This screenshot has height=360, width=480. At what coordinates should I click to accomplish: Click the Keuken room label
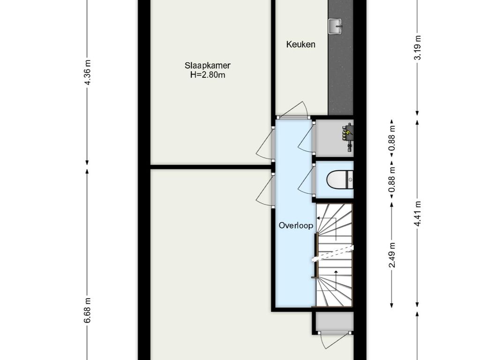pos(300,45)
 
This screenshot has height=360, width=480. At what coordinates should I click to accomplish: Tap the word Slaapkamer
pos(208,66)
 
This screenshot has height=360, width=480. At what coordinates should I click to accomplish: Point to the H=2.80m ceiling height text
pos(208,75)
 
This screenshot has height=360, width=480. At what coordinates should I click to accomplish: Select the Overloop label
pos(292,225)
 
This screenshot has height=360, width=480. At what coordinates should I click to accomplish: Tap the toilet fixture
pos(340,180)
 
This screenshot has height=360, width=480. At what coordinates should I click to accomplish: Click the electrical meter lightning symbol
pos(348,133)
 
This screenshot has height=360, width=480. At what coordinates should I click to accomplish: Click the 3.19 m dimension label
pos(418,48)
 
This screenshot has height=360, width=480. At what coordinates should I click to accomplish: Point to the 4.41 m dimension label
pos(418,214)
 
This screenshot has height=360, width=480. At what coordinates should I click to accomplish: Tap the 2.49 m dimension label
pos(392,255)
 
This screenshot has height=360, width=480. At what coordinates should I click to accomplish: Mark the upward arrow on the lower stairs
pos(336,280)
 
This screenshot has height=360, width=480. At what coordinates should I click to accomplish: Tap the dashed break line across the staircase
pos(332,254)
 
